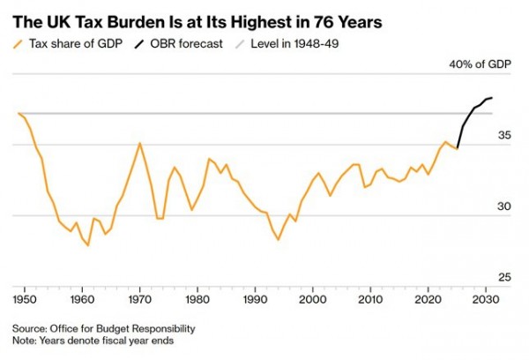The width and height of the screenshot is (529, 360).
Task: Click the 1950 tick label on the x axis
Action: click(x=23, y=301)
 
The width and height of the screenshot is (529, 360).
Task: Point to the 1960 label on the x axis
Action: click(x=81, y=301)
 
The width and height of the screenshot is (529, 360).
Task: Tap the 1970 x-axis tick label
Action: click(x=139, y=301)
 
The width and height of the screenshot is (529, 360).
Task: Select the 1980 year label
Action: click(x=197, y=301)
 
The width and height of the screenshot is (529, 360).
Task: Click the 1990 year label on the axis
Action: click(x=256, y=301)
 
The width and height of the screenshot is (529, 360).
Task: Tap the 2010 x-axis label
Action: click(x=371, y=301)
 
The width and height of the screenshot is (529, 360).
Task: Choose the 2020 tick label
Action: click(x=429, y=301)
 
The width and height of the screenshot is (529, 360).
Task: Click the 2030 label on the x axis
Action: click(x=487, y=301)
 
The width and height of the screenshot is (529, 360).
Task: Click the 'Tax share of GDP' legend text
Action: click(x=77, y=43)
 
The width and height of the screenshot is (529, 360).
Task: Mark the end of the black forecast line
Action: click(x=492, y=97)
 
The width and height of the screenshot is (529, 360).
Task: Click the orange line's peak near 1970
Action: click(x=139, y=143)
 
